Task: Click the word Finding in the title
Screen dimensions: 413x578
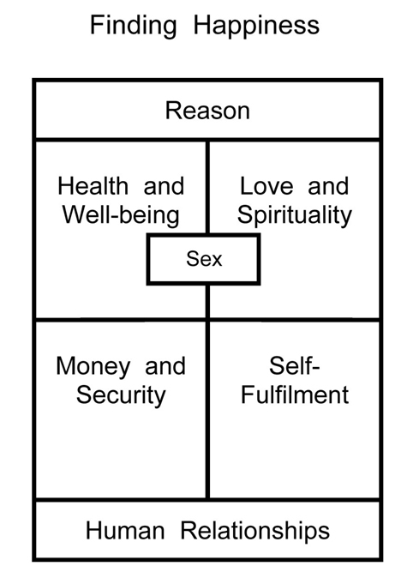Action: tap(134, 26)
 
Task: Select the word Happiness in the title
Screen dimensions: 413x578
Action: tap(256, 26)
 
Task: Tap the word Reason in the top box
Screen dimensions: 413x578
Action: tap(207, 111)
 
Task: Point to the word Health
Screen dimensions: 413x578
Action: tap(93, 186)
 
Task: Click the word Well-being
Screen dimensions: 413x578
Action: tap(121, 215)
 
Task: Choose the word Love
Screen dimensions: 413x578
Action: tap(266, 186)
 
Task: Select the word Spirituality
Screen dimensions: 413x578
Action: tap(295, 215)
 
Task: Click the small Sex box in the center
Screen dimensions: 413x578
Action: tap(203, 259)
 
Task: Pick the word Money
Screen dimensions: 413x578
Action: tap(93, 367)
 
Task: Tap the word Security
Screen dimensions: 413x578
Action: tap(121, 395)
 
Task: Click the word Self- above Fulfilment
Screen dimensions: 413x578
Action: tap(295, 365)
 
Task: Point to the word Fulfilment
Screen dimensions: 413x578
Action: tap(295, 394)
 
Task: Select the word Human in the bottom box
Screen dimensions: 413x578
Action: tap(125, 531)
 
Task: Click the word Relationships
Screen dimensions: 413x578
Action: tap(255, 531)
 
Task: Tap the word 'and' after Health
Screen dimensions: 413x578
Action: tap(164, 186)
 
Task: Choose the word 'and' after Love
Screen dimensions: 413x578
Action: tap(328, 186)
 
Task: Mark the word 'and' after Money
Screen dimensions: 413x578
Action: tap(165, 366)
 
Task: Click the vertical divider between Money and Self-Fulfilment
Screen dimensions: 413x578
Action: tap(208, 410)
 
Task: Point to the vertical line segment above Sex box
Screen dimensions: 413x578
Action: tap(208, 187)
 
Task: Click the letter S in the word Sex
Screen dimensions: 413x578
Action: tap(192, 259)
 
